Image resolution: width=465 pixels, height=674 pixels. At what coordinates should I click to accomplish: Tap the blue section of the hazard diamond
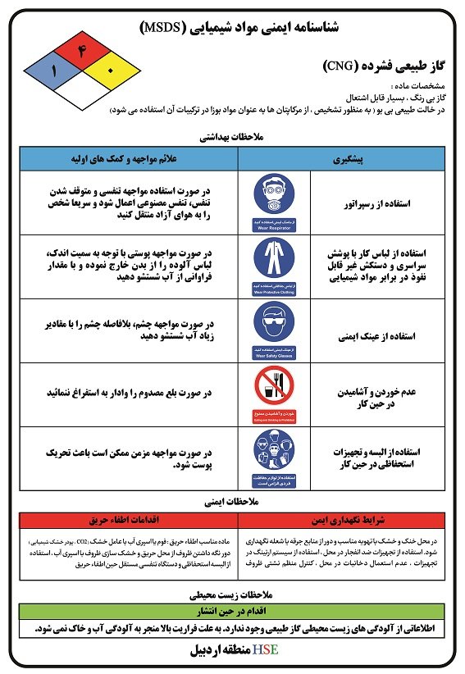click(x=55, y=71)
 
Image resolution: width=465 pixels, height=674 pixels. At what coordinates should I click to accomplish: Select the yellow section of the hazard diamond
click(x=107, y=71)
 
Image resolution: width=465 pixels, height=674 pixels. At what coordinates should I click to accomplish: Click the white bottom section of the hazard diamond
click(x=81, y=97)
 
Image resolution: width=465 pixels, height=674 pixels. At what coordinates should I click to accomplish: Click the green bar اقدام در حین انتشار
click(x=233, y=611)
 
